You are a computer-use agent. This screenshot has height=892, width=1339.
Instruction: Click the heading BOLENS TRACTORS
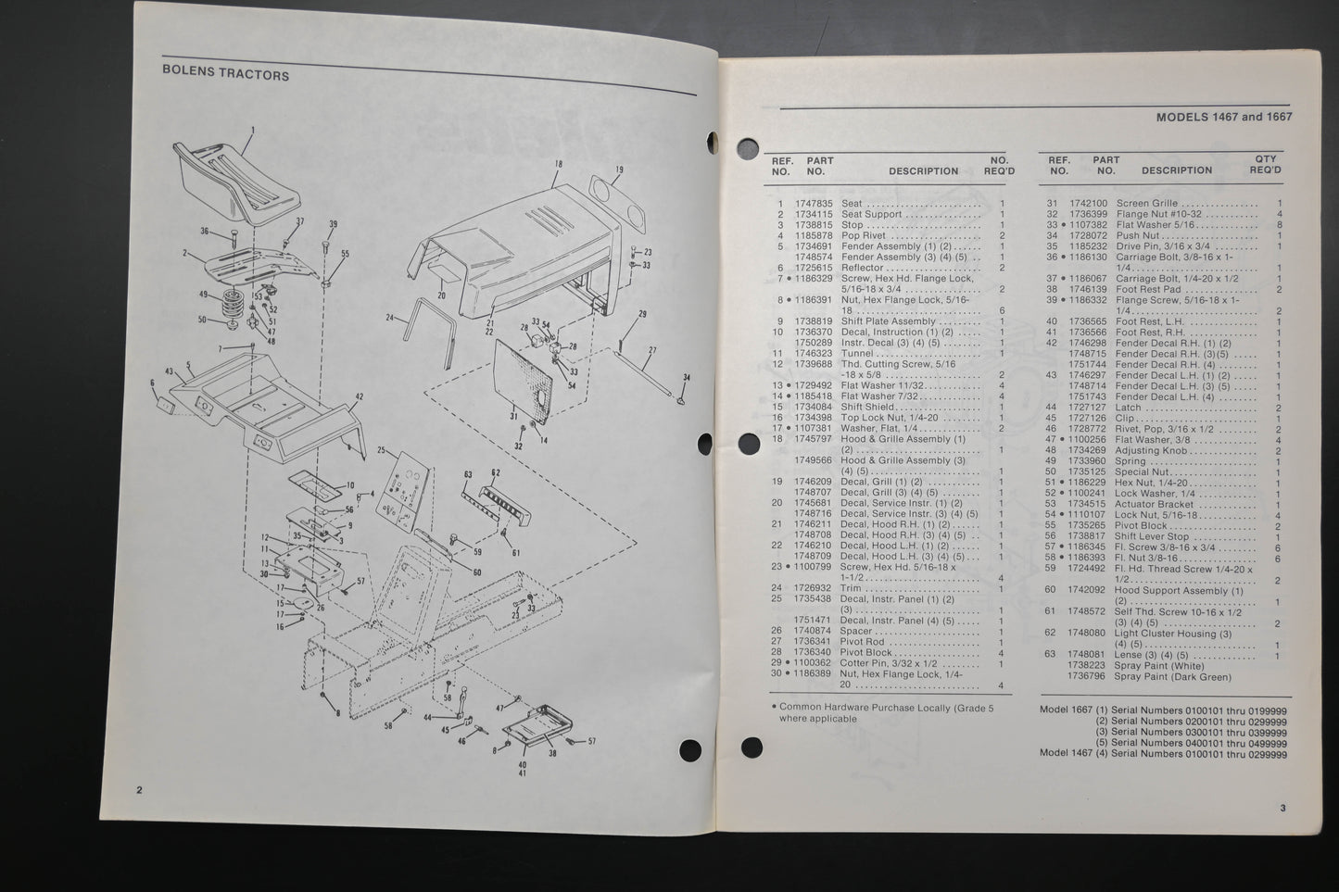(225, 75)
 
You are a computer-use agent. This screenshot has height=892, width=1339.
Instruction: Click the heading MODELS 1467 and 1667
(1223, 118)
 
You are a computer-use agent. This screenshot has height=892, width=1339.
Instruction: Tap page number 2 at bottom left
(139, 790)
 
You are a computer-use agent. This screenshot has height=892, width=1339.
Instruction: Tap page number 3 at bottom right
(1282, 809)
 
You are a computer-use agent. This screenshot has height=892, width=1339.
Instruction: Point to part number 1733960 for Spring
(1087, 461)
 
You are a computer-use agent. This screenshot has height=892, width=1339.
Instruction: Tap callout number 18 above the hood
(558, 164)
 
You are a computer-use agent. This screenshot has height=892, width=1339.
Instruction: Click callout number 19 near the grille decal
(618, 170)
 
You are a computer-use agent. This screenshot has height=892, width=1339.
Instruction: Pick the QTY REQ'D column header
(1265, 165)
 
